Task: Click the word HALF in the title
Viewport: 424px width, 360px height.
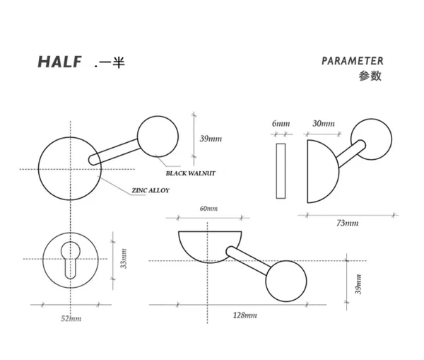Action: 60,62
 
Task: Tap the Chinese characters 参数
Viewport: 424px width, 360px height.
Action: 370,76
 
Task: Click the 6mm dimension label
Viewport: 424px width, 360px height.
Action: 281,124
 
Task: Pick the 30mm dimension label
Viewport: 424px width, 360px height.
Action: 323,124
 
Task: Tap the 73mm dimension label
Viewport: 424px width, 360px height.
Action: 347,223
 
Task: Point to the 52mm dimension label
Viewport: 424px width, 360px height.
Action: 71,319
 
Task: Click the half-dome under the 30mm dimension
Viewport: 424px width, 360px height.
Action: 321,170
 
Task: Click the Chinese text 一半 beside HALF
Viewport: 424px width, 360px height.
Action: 110,62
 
